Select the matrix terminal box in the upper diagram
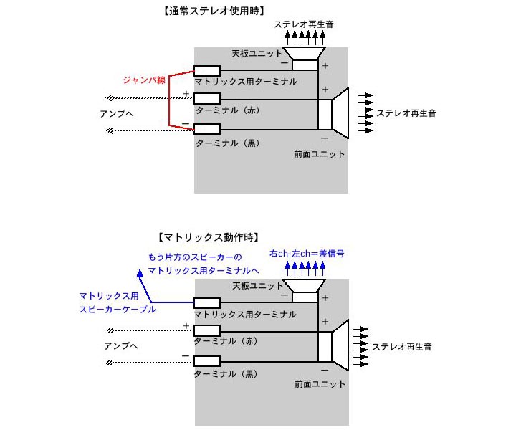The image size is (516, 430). [x=207, y=70]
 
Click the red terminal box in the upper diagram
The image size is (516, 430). [x=207, y=99]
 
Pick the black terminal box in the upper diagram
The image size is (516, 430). [x=207, y=129]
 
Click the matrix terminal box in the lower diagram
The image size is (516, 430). [x=207, y=302]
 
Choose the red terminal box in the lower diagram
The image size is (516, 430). [x=207, y=331]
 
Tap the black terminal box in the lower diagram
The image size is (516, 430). [x=207, y=360]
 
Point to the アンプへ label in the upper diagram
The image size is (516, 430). [x=117, y=114]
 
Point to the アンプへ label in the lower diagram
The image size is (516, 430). [x=117, y=346]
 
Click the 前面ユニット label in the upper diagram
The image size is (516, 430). [x=319, y=154]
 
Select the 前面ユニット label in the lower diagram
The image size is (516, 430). [x=320, y=384]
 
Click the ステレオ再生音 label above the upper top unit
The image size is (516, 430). [x=304, y=24]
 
